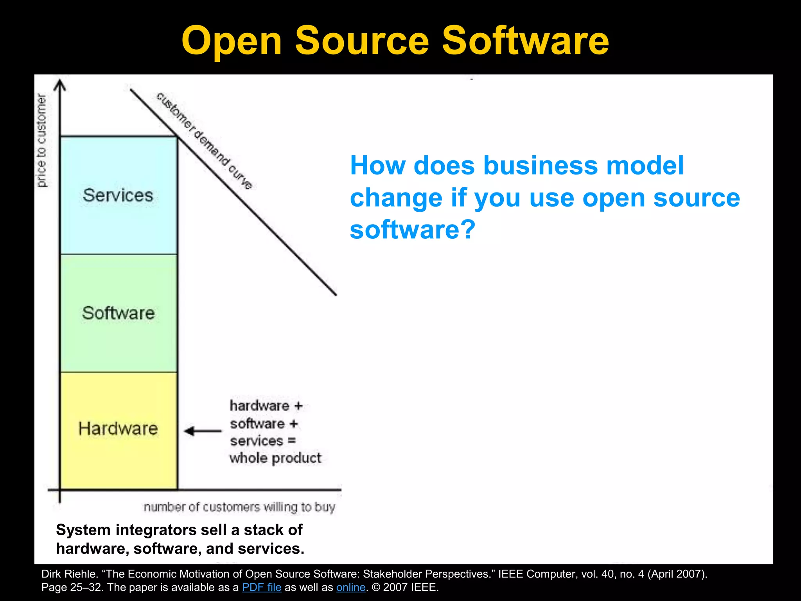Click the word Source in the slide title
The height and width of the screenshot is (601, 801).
click(x=362, y=41)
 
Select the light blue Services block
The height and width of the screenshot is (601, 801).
click(x=119, y=195)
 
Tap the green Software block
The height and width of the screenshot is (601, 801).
click(x=119, y=313)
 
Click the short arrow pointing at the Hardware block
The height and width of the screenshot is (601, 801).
click(x=203, y=431)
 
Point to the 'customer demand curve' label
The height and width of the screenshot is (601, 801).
click(x=204, y=141)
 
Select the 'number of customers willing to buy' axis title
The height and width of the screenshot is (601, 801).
click(x=239, y=507)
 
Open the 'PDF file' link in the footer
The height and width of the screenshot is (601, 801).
click(x=262, y=587)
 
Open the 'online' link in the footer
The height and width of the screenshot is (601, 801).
click(x=351, y=587)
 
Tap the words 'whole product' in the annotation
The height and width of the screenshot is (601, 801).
click(x=275, y=458)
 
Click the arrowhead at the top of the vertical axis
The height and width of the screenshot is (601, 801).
click(x=59, y=85)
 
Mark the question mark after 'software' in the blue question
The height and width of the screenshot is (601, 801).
click(x=469, y=229)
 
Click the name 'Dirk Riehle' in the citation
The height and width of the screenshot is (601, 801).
click(x=69, y=574)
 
